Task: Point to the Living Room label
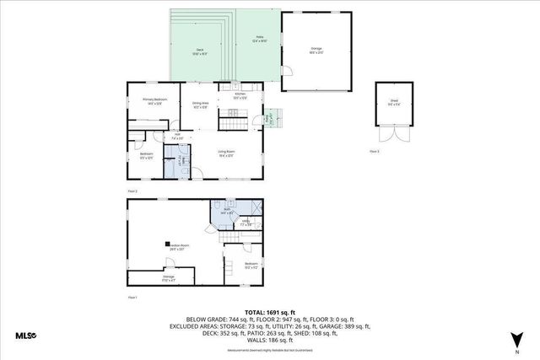[x=226, y=153]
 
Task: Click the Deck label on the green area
[x=200, y=51]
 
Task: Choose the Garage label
[x=316, y=51]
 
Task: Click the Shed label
[x=393, y=103]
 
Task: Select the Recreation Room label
[x=177, y=247]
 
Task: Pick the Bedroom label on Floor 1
[x=251, y=266]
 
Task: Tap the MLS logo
[x=25, y=336]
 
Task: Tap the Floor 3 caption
[x=375, y=150]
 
